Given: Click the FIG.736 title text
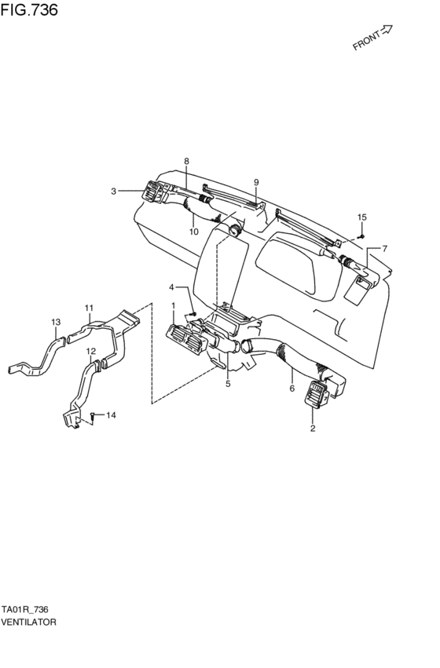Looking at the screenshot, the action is click(x=29, y=9).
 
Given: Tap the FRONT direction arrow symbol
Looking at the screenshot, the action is click(x=386, y=30).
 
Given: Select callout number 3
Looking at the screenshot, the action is click(x=113, y=192).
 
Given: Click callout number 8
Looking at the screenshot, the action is click(x=186, y=161).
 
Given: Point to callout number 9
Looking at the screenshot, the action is click(x=256, y=182).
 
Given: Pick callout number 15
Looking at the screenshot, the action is click(x=361, y=217).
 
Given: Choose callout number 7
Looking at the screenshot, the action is click(x=384, y=248).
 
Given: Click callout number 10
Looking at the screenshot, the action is click(x=194, y=232).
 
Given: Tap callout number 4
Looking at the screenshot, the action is click(x=171, y=287).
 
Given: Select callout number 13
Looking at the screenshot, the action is click(x=57, y=322).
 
